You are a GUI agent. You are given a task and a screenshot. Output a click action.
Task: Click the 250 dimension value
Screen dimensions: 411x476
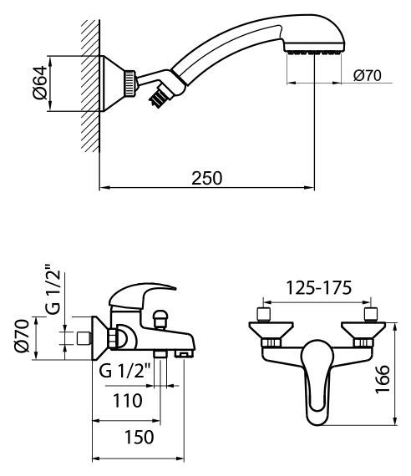[x=206, y=178]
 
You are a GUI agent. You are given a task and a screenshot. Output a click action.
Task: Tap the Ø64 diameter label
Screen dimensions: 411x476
[x=40, y=83]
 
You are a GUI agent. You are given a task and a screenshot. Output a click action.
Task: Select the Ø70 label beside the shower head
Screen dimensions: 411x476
[x=368, y=75]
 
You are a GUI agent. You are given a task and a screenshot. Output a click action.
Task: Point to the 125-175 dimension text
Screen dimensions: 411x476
[x=319, y=288]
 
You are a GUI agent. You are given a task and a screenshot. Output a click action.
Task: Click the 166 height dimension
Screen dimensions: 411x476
[x=382, y=379]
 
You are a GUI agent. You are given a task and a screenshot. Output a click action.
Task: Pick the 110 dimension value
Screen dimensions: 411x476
[x=128, y=401]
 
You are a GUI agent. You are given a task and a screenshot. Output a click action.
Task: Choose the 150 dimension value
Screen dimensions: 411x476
[x=140, y=437]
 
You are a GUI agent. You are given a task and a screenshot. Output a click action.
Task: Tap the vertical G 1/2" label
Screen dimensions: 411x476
[x=53, y=289]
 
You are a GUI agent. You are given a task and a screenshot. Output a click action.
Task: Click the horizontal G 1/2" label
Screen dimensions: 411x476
[x=124, y=370]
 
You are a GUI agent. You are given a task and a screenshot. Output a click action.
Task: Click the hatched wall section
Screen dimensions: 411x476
[x=90, y=86]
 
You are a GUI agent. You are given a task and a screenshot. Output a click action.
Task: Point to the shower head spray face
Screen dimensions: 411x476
[x=314, y=53]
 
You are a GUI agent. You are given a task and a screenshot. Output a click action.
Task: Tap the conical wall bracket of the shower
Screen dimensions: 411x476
[x=112, y=84]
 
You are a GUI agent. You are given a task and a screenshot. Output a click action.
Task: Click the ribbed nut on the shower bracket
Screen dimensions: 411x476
[x=129, y=84]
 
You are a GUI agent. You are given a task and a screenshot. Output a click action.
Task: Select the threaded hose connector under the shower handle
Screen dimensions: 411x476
[x=159, y=97]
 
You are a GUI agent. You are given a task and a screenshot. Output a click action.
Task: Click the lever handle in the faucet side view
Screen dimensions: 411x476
[x=140, y=295]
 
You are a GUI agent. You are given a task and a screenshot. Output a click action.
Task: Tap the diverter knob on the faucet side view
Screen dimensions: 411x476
[x=160, y=319]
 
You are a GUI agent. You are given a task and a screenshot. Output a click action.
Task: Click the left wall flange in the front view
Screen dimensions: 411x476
[x=271, y=330]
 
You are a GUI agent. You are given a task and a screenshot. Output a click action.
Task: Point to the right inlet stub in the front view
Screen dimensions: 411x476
[x=371, y=314]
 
